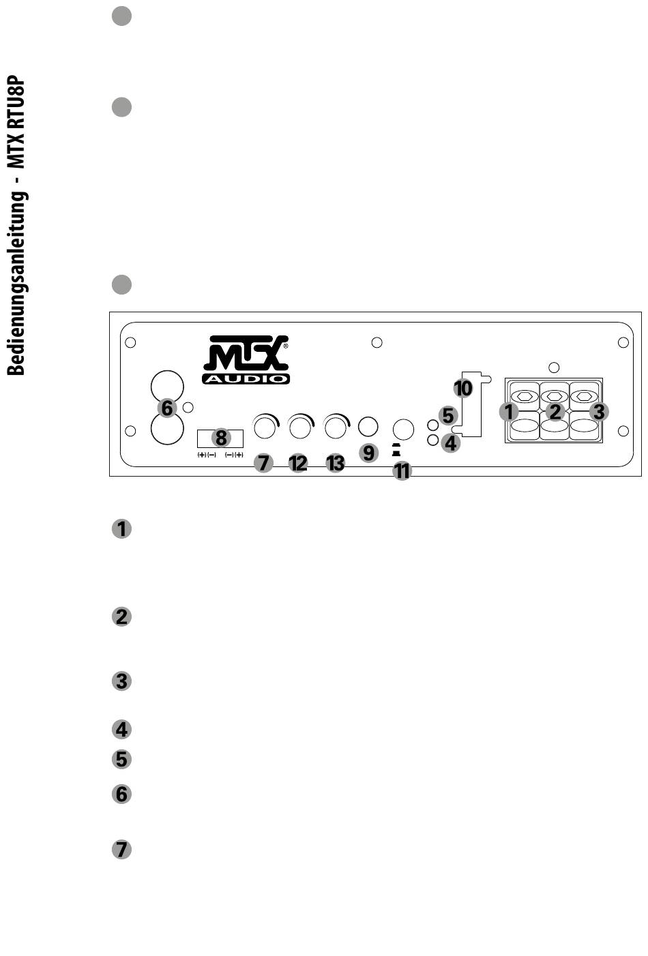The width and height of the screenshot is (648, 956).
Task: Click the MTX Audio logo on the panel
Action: coord(246,359)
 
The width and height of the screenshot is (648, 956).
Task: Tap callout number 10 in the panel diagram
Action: coord(463,388)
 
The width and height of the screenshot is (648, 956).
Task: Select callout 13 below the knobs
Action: coord(335,463)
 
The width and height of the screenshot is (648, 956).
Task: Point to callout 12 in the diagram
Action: coord(298,463)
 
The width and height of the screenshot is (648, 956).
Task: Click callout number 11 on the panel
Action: coord(402,470)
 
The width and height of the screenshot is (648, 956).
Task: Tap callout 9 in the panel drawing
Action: coord(368,452)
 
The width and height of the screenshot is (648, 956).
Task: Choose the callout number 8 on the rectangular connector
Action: coord(220,438)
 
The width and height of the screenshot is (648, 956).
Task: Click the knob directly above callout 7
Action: coord(265,428)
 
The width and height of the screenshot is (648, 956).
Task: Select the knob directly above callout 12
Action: coord(300,428)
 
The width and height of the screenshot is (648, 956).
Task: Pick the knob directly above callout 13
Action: coord(335,428)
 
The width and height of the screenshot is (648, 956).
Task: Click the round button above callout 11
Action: coord(403,429)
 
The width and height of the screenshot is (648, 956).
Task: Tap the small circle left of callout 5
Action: coord(432,425)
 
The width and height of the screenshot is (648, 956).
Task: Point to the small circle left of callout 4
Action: coord(432,440)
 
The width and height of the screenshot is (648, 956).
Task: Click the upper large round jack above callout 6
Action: coord(167,386)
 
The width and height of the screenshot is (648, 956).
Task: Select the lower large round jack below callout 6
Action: coord(167,430)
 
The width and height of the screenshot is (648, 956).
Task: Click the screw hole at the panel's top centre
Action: coord(377,342)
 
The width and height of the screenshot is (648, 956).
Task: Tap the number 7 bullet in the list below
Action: coord(121,850)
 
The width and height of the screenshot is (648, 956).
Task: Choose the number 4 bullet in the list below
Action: coord(121,730)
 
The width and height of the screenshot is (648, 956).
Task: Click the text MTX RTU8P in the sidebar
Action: coord(17,123)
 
